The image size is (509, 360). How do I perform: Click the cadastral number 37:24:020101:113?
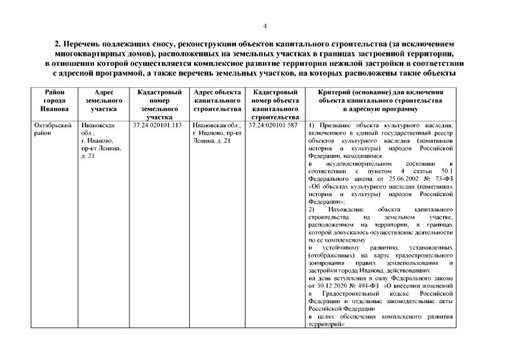pyautogui.click(x=157, y=125)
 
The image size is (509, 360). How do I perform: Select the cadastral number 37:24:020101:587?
pyautogui.click(x=273, y=125)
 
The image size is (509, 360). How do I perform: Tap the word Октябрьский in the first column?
pyautogui.click(x=57, y=125)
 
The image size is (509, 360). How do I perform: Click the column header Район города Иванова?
pyautogui.click(x=56, y=100)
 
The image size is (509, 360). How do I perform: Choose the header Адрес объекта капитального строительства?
pyautogui.click(x=217, y=100)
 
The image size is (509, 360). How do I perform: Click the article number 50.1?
pyautogui.click(x=446, y=171)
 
